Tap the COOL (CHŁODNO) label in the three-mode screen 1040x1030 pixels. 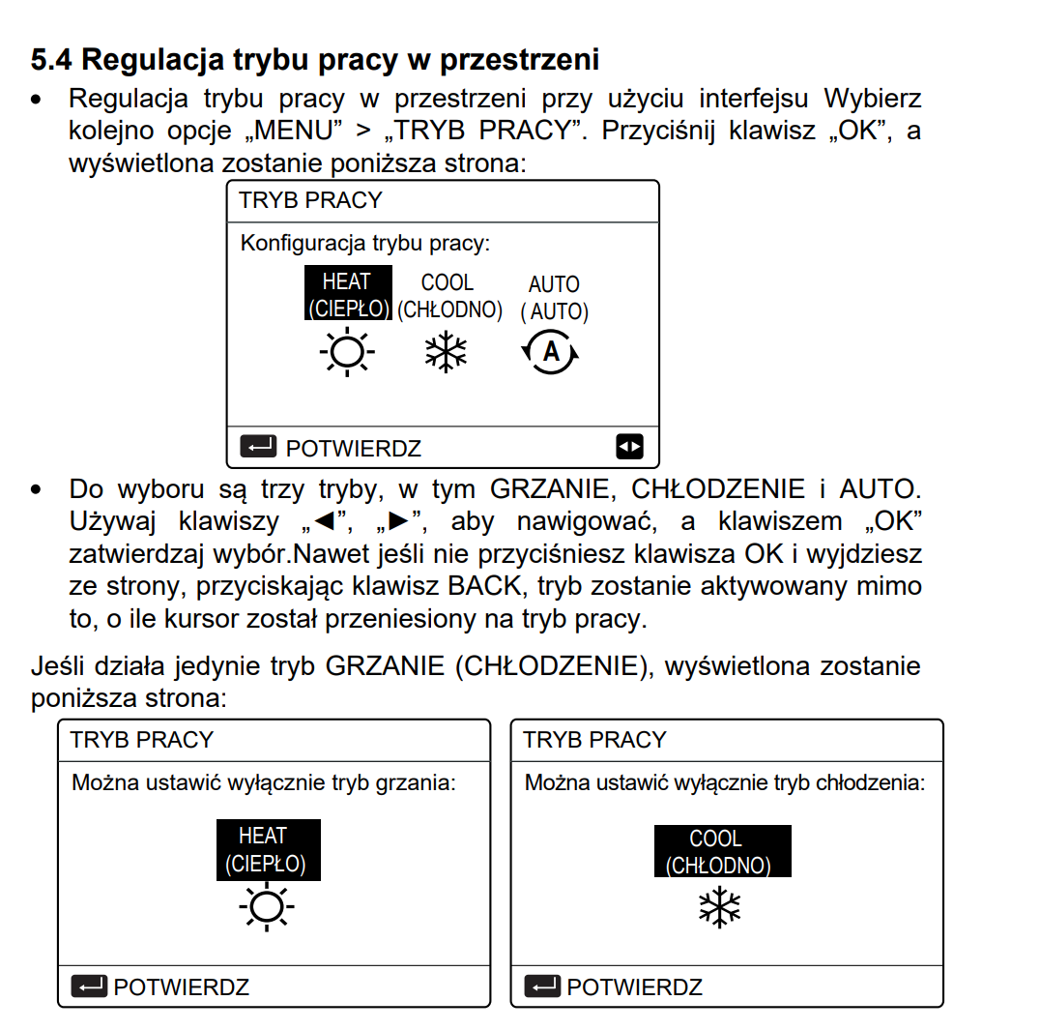coord(448,296)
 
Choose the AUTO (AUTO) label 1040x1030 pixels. coord(554,298)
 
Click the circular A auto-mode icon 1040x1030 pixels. coord(551,353)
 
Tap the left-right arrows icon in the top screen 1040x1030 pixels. coord(629,448)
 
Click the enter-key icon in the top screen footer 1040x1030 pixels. coord(258,448)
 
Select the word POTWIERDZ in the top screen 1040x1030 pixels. coord(353,449)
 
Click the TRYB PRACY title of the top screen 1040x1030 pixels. coord(310,201)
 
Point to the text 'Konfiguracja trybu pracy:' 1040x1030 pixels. coord(365,243)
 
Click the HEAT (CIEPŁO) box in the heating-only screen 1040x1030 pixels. coord(267,849)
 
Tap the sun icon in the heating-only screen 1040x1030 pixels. coord(266,908)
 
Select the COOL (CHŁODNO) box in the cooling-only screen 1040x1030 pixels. coord(721,851)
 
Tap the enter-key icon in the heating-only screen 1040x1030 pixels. coord(89,986)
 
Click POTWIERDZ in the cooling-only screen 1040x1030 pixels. coord(634,987)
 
